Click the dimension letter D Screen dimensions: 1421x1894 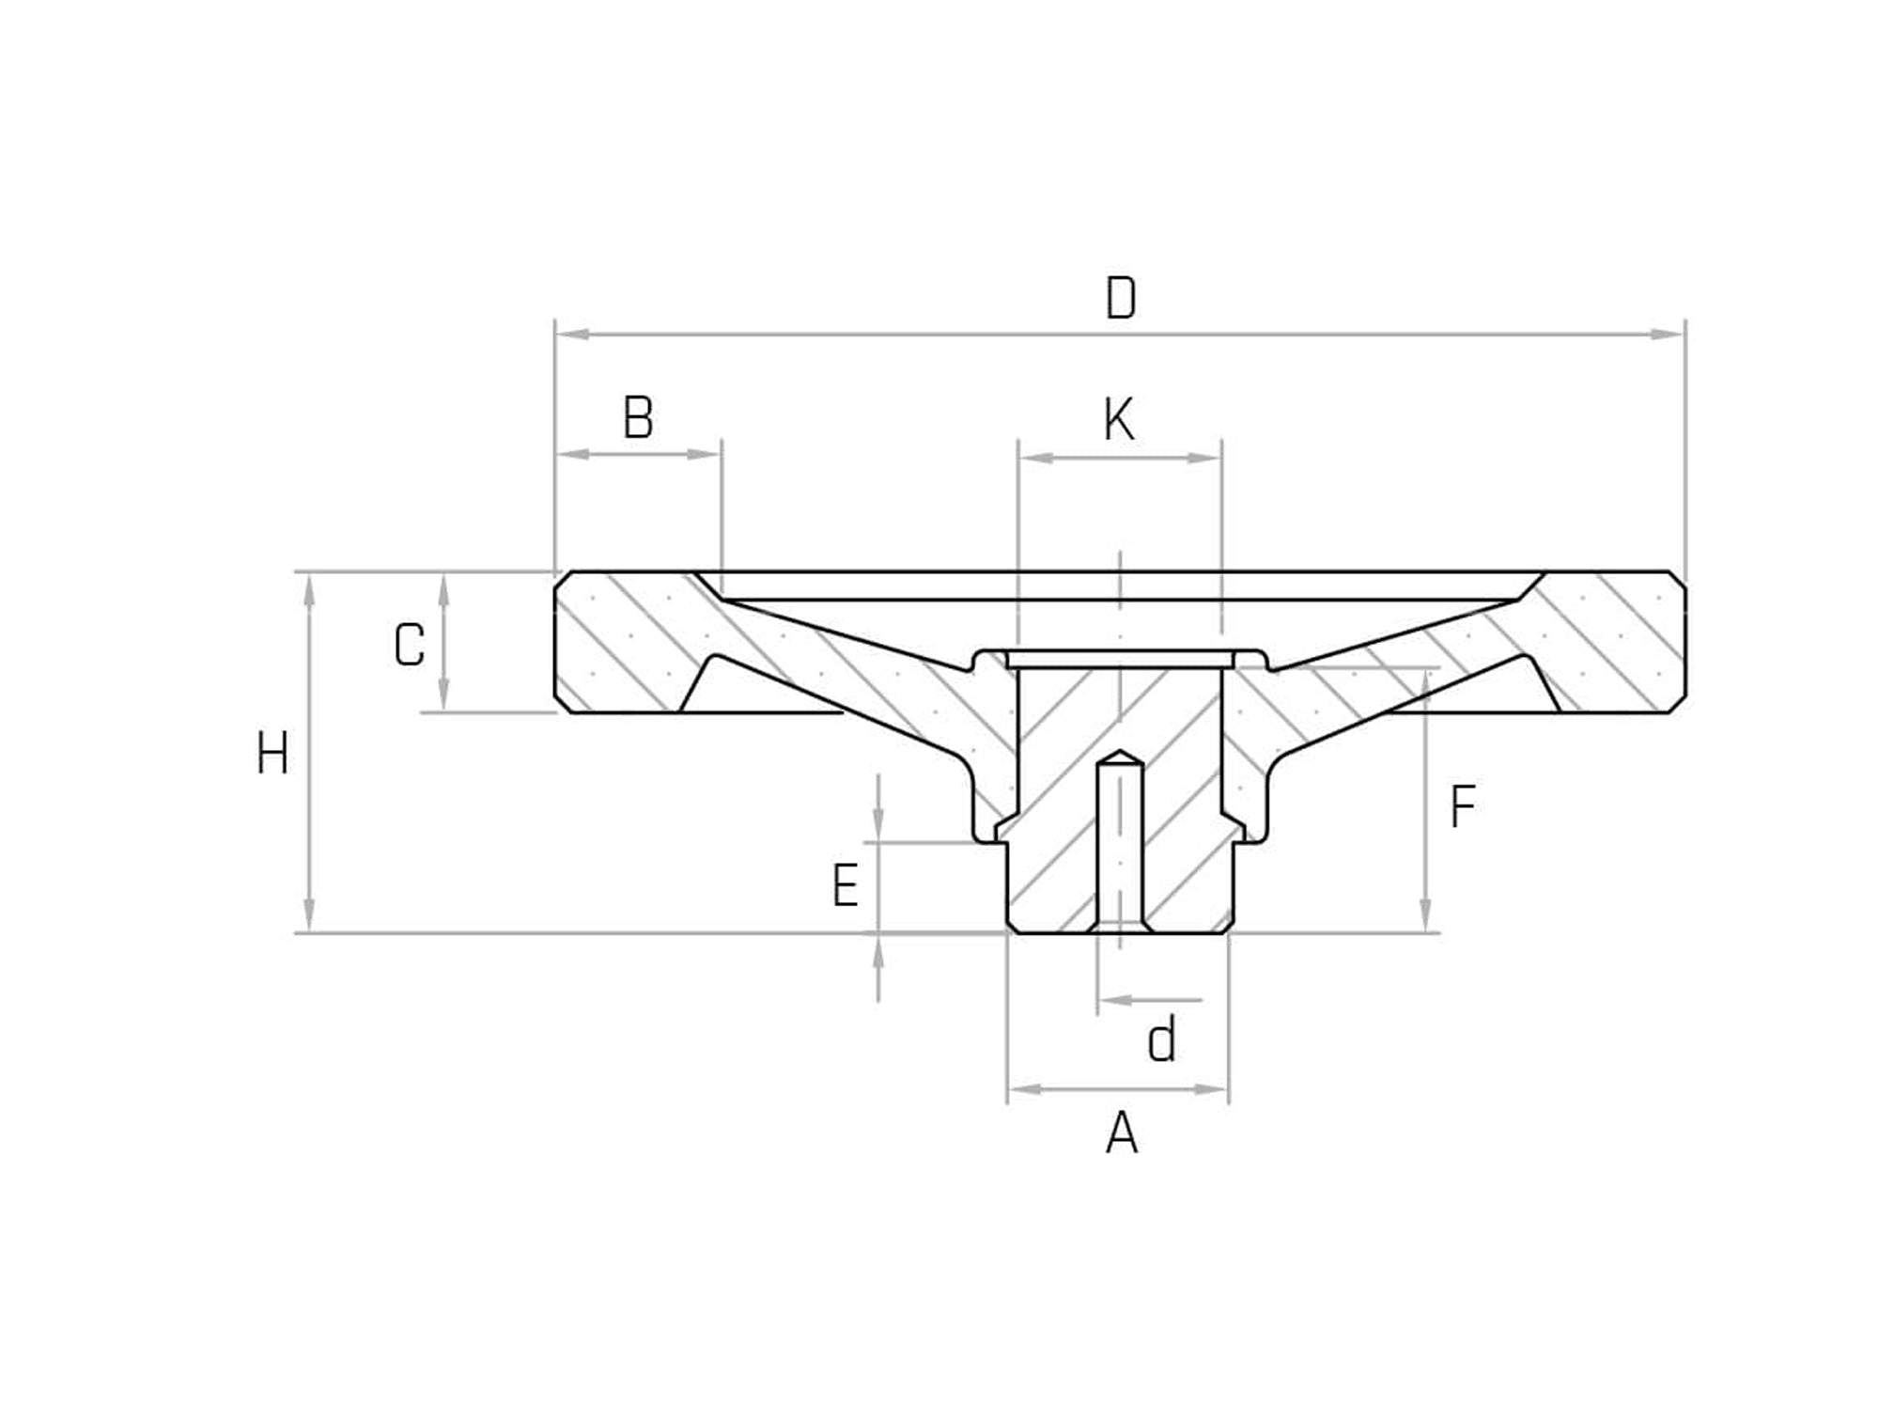point(1121,299)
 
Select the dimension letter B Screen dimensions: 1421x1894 point(639,418)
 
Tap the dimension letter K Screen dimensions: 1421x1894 point(1119,420)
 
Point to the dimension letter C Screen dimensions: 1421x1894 point(410,647)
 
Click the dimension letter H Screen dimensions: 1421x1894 point(272,755)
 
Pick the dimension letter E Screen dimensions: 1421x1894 point(846,886)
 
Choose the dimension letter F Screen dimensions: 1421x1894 point(1463,807)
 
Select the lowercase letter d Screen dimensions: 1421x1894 point(1162,1041)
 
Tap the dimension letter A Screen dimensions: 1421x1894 point(1122,1134)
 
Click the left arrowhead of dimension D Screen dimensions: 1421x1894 point(573,334)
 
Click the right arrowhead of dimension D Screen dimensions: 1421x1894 point(1668,334)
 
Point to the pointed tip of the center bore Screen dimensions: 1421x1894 point(1120,753)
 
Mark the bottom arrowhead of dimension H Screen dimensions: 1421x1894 point(309,916)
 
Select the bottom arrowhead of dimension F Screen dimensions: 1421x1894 point(1425,916)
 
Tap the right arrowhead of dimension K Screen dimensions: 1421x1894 point(1204,459)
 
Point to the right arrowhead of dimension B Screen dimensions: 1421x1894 point(704,454)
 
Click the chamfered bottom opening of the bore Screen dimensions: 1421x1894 point(1120,928)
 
